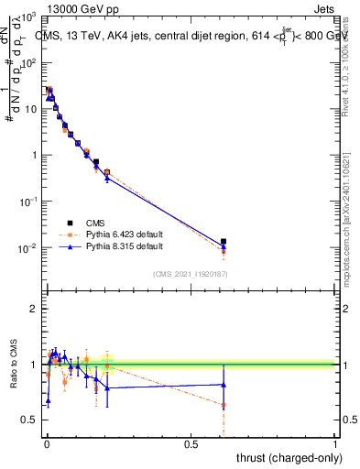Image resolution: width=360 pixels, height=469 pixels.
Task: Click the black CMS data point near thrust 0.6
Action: pyautogui.click(x=224, y=242)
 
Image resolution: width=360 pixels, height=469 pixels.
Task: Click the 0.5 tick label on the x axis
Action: pyautogui.click(x=191, y=442)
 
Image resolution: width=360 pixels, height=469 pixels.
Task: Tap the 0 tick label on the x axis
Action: pyautogui.click(x=47, y=442)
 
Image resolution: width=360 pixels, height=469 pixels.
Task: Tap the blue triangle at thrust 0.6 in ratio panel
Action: pyautogui.click(x=224, y=385)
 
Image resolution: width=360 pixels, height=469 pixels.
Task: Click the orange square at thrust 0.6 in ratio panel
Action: pyautogui.click(x=224, y=405)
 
